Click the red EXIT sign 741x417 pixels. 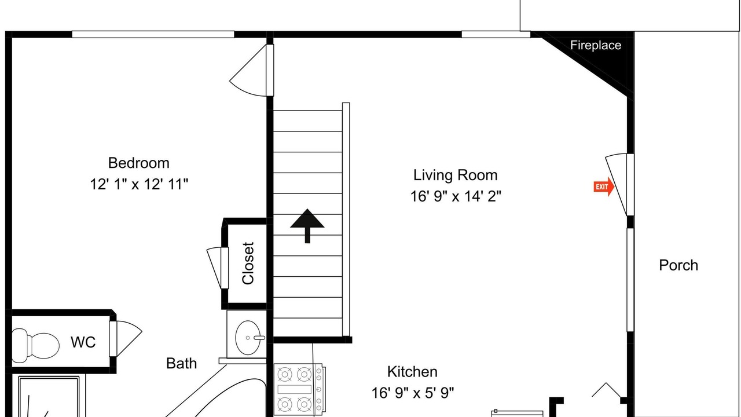coord(604,186)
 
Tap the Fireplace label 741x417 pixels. coord(596,45)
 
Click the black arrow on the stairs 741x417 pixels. coord(307,226)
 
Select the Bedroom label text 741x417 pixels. coord(138,163)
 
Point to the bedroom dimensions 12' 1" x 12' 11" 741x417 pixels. coord(139,184)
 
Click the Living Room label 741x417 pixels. coord(456,175)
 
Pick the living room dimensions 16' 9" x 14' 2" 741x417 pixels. coord(456,196)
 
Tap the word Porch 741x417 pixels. coord(678,265)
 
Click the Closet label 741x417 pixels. coord(248,263)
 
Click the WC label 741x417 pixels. coord(83,342)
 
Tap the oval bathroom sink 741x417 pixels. coord(248,338)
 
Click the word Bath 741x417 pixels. coord(181,363)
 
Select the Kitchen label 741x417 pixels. coord(412,372)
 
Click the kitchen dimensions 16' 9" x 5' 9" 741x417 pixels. coord(413,393)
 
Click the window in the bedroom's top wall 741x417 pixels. coord(153,34)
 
